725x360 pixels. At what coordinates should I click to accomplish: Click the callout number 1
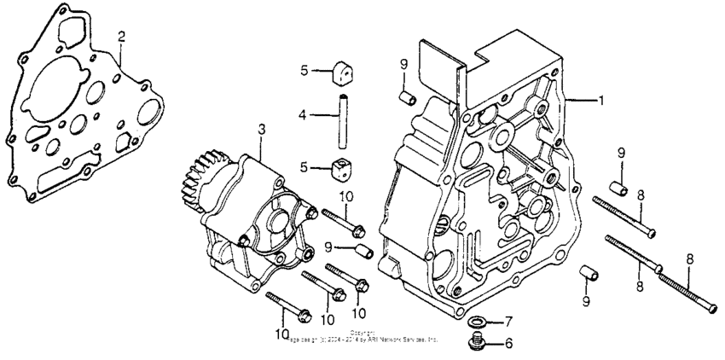point(600,100)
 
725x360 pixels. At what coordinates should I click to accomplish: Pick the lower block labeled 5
point(343,168)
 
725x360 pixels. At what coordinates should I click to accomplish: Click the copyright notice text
point(362,335)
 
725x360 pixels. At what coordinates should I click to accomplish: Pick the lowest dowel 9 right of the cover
point(586,274)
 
